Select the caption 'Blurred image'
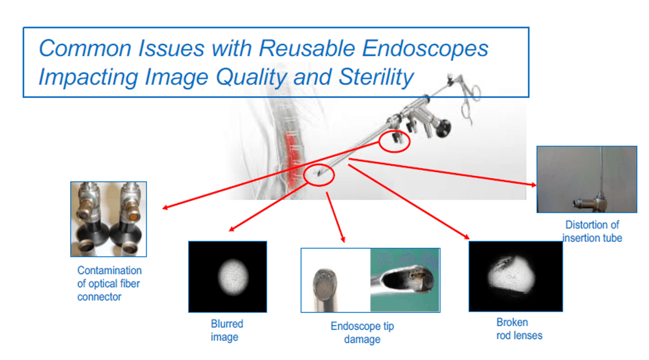227,330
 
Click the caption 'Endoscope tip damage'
362,333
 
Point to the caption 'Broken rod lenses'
519,329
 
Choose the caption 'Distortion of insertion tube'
592,231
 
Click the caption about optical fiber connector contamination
109,283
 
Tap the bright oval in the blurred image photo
231,276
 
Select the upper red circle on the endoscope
394,142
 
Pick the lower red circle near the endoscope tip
320,175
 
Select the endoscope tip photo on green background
405,280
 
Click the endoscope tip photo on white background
335,280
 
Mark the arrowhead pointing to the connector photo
164,208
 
